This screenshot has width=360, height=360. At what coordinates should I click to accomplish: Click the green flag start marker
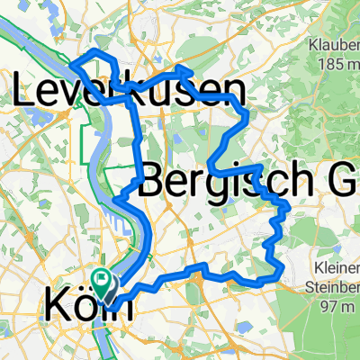coord(101,281)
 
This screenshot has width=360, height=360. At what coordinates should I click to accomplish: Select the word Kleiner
coord(336,268)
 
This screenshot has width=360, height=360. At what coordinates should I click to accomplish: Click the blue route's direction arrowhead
coord(186,68)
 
